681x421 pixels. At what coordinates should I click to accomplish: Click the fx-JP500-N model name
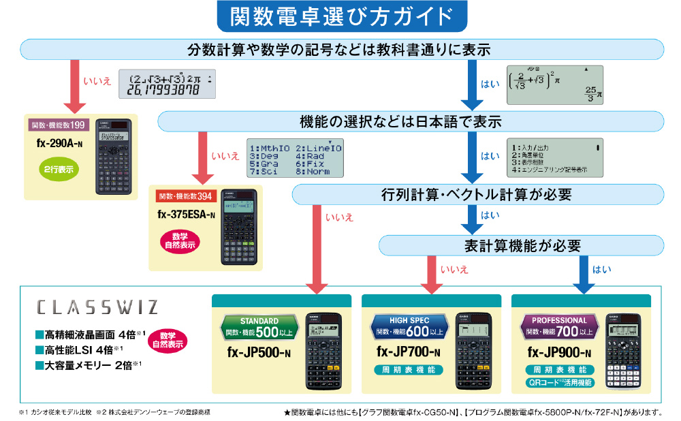click(259, 353)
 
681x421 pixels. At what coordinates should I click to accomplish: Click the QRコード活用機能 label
click(559, 382)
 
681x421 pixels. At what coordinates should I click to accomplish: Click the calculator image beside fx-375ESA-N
click(236, 227)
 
